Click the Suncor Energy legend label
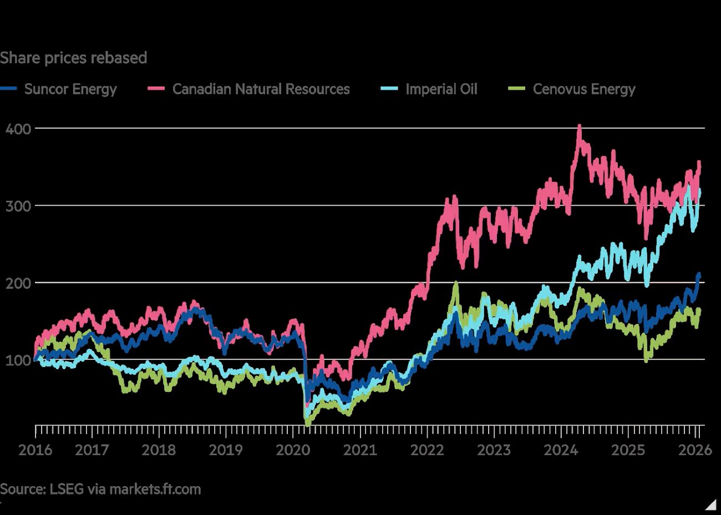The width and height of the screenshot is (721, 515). pos(70,89)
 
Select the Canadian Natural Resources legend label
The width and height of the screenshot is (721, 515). pos(261,89)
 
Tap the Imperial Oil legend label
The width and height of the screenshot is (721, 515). pos(441,89)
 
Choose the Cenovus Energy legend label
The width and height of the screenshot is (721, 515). pos(583,89)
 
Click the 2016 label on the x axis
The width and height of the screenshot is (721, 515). pos(35,449)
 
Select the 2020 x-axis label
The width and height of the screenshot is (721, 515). pos(293,449)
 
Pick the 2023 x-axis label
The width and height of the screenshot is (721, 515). pos(494,449)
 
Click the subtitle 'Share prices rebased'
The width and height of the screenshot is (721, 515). pos(73,58)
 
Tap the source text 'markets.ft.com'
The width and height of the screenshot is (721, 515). pos(155,489)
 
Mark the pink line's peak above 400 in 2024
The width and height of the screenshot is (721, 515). pos(580,126)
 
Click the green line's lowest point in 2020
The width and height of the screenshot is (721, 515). pos(307,424)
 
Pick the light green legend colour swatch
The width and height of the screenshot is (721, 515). pos(517,89)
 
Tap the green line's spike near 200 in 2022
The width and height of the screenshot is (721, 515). pos(456,283)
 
